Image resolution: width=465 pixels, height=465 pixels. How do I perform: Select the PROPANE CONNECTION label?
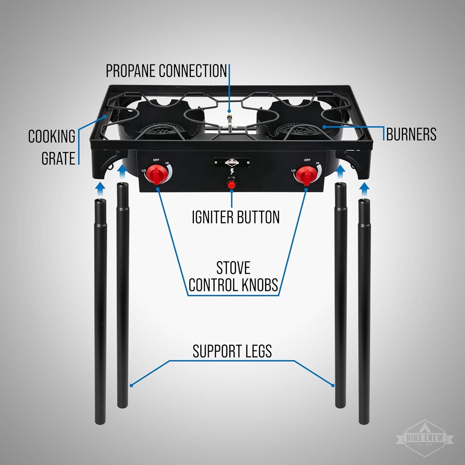coord(166,71)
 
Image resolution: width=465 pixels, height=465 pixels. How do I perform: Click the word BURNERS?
coord(411,134)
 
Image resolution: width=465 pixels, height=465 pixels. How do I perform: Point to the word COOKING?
coord(51,136)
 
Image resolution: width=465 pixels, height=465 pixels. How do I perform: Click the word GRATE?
coord(58,158)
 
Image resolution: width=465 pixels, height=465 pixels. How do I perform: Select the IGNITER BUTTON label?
coord(236,217)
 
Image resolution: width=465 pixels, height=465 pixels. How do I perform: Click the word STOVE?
coord(233,268)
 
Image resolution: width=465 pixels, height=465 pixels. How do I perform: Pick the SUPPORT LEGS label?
coord(232,351)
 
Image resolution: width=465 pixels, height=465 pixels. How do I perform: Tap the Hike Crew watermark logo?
coord(424,438)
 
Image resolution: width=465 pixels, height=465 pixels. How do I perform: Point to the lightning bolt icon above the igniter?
coord(232,171)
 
